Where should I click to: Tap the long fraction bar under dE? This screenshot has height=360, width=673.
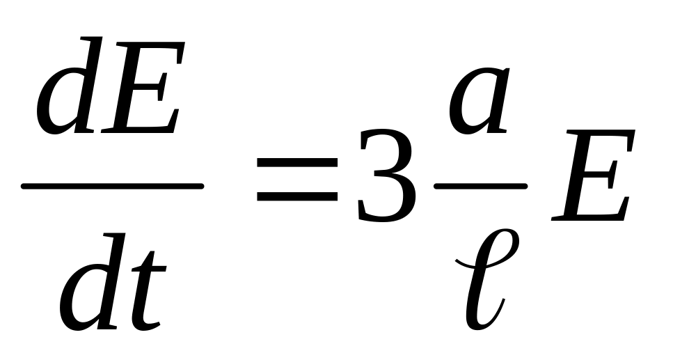(112, 187)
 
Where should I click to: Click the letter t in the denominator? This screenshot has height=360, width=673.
(148, 292)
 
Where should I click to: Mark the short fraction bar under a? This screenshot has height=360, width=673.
(480, 187)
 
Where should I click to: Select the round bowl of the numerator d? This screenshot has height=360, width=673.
(59, 104)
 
